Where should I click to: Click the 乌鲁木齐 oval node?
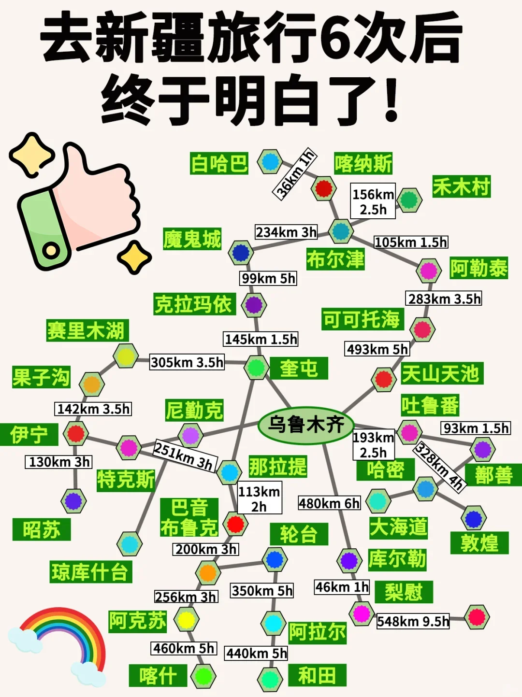point(306,425)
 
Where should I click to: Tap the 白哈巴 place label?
point(219,163)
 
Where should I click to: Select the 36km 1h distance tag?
point(295,174)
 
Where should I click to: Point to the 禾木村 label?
point(461,186)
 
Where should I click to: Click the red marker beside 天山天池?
point(384,379)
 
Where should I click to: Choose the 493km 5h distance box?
point(377,349)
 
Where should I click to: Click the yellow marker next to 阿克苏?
point(186,620)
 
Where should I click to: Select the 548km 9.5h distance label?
point(413,621)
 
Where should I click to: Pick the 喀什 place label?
point(158,675)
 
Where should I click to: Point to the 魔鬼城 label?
point(192,239)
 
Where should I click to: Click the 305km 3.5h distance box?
point(187,362)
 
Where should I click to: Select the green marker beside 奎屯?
point(256,368)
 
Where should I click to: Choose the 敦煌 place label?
point(479,543)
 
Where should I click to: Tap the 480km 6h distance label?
point(329,503)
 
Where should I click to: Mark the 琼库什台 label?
point(90,572)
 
